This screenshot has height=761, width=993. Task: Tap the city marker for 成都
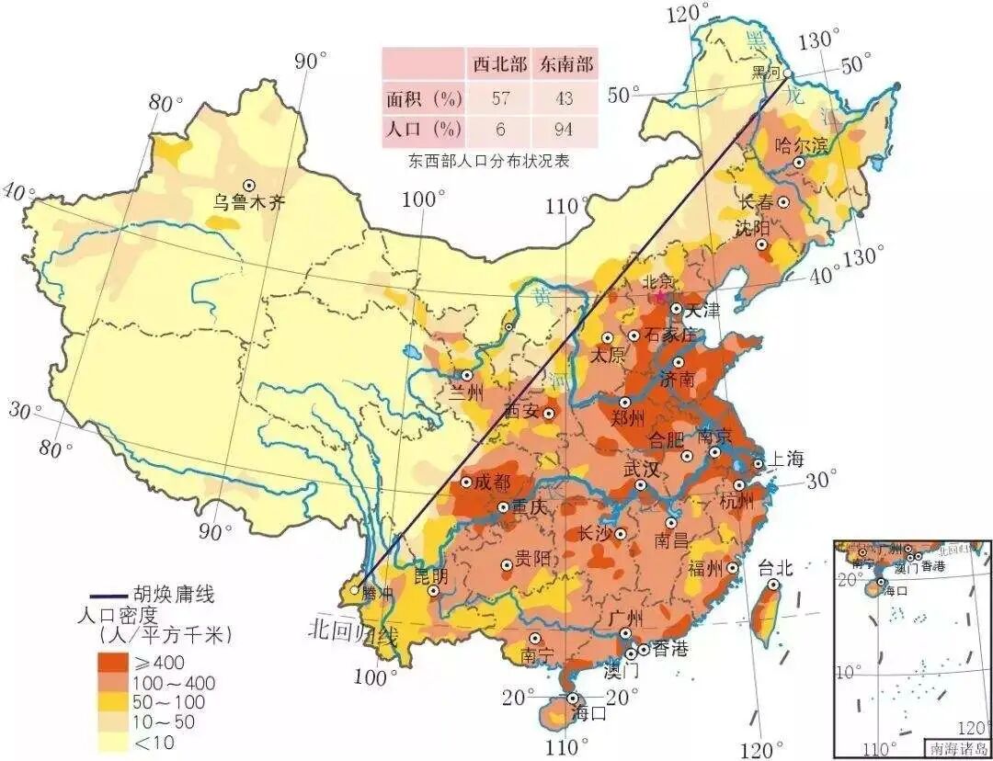[x=467, y=482]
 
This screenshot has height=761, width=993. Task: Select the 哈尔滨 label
[x=803, y=144]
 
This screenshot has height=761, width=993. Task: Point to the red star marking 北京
[x=659, y=297]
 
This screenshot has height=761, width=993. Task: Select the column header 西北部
[x=499, y=64]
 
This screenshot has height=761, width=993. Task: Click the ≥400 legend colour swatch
[x=114, y=662]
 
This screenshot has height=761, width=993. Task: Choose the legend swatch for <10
[x=114, y=742]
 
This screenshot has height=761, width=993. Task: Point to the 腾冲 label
[x=377, y=594]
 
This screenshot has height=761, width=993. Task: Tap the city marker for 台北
[x=774, y=584]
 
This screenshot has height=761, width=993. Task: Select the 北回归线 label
[x=354, y=631]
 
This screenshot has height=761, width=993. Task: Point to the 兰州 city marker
[x=467, y=375]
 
